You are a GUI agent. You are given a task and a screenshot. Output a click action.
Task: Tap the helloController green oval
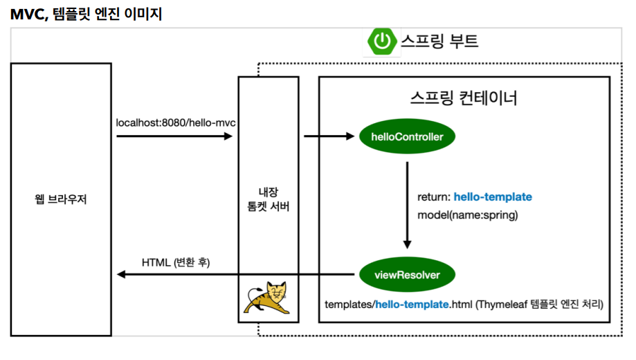pos(407,137)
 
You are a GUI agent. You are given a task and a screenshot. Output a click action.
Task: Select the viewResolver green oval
pos(407,275)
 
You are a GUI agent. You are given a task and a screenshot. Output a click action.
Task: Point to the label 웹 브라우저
pos(61,200)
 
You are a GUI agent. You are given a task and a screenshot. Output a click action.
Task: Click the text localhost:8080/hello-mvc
pos(176,123)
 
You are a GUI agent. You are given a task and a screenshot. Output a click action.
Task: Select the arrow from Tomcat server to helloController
pos(329,136)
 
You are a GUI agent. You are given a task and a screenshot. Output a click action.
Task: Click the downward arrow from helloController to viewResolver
pos(407,205)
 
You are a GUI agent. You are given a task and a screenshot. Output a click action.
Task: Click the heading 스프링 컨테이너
pos(464,98)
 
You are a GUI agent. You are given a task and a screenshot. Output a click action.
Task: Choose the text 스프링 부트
pos(440,42)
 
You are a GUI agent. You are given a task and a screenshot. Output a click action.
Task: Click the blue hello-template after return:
pos(493,197)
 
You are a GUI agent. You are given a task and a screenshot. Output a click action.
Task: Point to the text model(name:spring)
pos(467,215)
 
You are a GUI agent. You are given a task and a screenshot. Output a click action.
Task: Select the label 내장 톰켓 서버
pos(268,199)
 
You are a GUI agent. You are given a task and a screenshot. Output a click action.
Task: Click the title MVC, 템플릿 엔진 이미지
pos(86,13)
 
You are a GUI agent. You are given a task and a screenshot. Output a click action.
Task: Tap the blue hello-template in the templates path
pos(412,304)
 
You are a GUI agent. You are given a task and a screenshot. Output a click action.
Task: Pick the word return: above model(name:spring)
pos(434,197)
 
